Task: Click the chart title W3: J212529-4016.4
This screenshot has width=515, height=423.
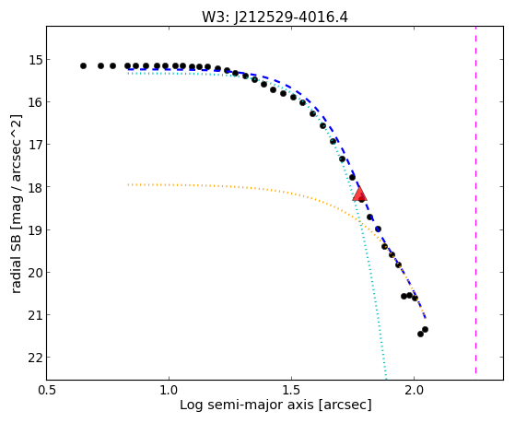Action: (275, 17)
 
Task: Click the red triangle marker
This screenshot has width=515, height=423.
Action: (359, 194)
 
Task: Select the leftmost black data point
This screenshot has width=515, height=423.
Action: (84, 65)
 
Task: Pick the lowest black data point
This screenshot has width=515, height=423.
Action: (420, 334)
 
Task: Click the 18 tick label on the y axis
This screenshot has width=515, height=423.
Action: (37, 187)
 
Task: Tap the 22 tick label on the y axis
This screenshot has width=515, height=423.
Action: (37, 358)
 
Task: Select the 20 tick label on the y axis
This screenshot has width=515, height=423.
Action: (37, 272)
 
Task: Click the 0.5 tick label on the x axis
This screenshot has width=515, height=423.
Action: (47, 391)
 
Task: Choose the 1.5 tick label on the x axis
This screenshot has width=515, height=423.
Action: (291, 391)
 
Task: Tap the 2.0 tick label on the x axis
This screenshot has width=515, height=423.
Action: (414, 391)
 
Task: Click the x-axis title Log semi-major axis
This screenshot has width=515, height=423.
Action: (247, 405)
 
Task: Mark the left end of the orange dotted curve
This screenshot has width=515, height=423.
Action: (128, 184)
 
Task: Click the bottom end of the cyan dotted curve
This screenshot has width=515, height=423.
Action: (386, 379)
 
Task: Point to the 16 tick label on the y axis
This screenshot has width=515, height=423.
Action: (37, 102)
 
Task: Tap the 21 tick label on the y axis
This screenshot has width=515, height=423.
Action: (37, 315)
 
